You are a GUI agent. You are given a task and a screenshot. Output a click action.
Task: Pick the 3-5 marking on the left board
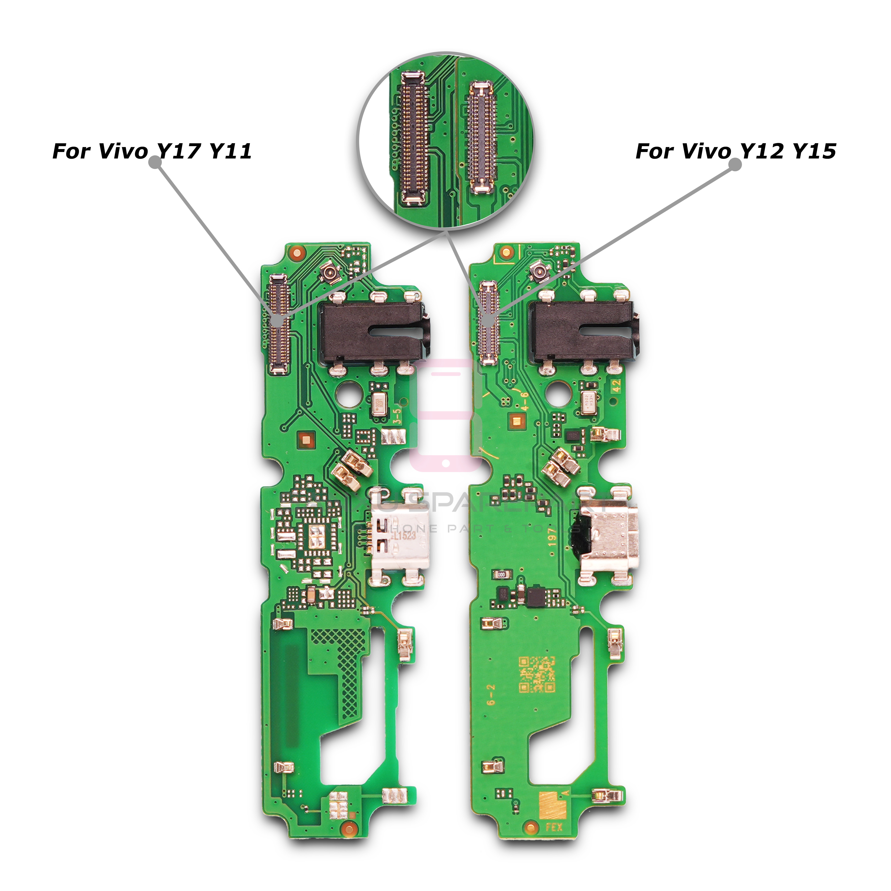pyautogui.click(x=397, y=415)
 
